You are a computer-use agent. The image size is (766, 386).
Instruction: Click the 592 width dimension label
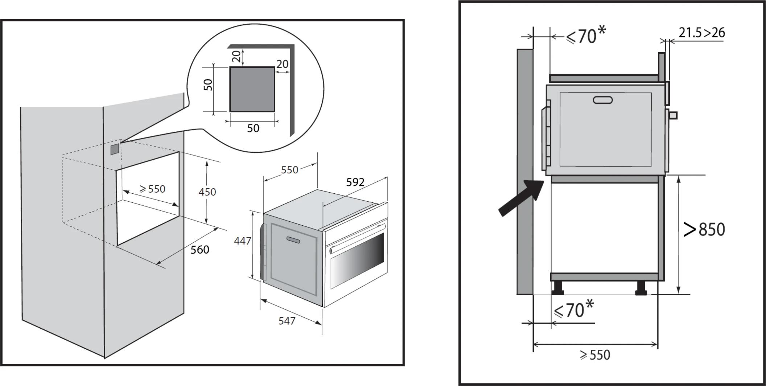355,182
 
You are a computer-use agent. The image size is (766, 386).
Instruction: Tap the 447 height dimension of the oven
242,241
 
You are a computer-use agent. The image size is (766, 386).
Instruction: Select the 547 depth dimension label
287,321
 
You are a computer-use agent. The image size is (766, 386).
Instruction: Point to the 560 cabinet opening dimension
199,250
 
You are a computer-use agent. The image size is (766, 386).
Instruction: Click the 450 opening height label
207,192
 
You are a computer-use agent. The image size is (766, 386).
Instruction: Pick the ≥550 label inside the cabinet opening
152,189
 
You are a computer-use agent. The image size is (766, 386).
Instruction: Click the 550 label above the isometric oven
289,170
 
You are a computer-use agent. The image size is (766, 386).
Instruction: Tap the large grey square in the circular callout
252,89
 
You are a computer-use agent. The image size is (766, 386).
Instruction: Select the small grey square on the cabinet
114,149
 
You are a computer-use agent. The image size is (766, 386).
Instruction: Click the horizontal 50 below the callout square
253,128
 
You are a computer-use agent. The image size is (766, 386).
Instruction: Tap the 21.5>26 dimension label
701,33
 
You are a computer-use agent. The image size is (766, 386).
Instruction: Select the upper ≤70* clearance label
585,36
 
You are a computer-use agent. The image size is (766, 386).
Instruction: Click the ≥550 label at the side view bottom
595,355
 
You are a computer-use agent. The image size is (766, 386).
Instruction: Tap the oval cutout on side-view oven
603,100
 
